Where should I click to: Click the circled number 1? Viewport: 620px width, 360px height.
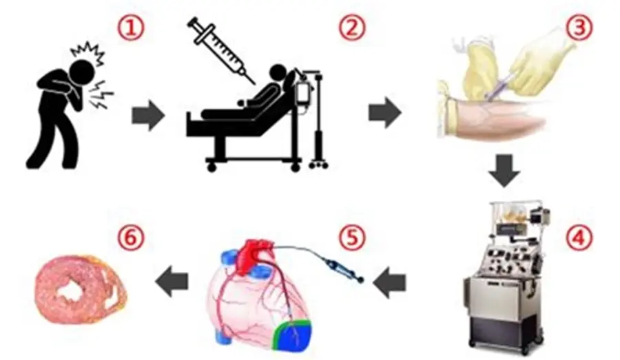coord(131,28)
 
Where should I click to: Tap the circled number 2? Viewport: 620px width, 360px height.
coord(351,28)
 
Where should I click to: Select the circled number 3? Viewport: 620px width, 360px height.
coord(579,28)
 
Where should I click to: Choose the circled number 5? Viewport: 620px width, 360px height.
coord(351,237)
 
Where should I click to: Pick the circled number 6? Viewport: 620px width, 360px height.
coord(131,237)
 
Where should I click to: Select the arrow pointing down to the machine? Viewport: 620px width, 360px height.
coord(504,171)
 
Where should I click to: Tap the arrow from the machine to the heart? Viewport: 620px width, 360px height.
coord(389,282)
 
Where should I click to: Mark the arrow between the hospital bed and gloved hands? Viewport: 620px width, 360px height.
coord(384,112)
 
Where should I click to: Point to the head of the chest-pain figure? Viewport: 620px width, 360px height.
coord(81,72)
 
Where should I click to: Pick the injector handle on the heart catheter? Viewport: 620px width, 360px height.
coord(343,268)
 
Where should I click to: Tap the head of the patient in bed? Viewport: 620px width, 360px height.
coord(277,72)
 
